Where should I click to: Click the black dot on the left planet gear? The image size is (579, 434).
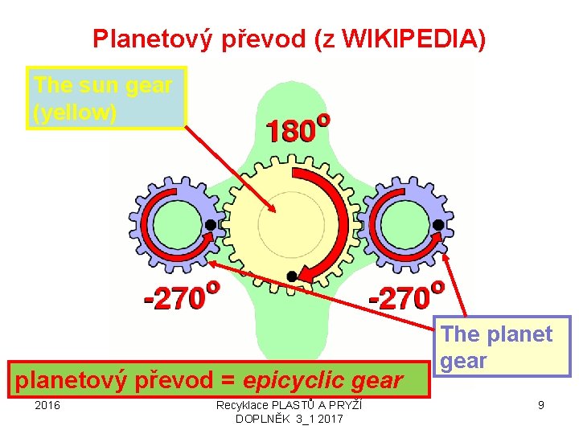[210, 224]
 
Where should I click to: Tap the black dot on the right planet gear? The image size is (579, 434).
[438, 224]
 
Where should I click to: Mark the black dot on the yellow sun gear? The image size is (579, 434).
[292, 276]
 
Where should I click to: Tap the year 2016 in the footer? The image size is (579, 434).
[47, 406]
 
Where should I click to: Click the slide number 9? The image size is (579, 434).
[541, 406]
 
